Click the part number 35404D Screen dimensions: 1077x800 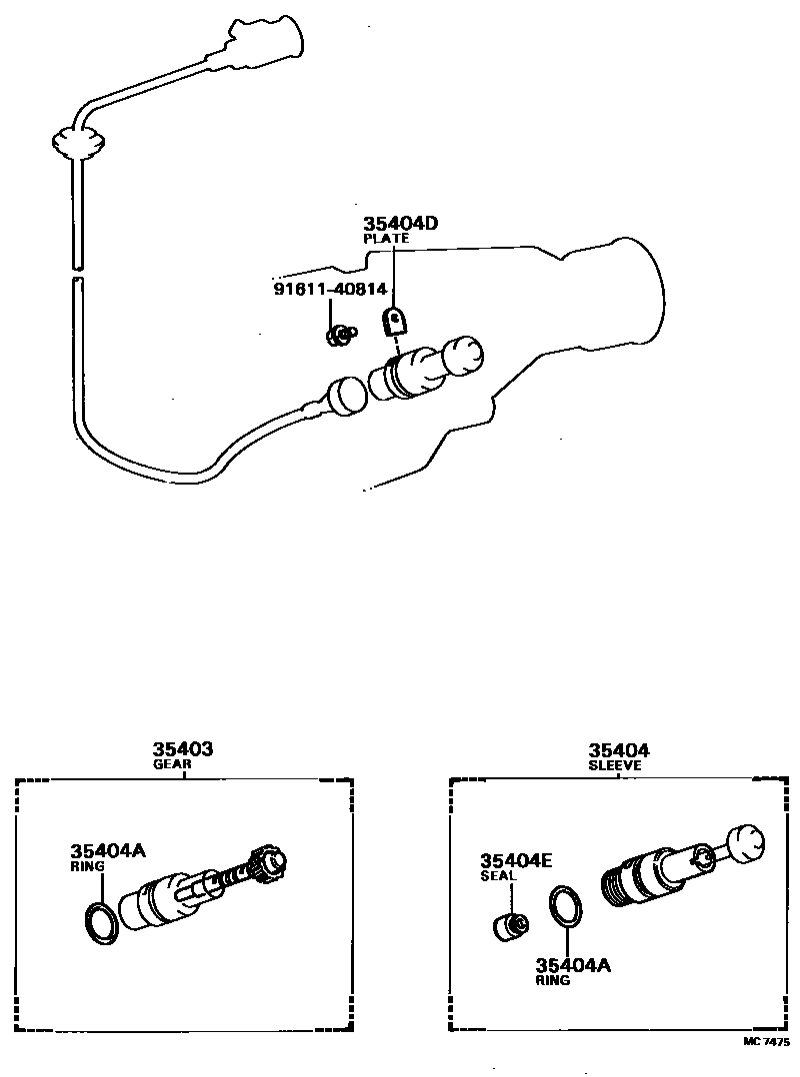click(x=400, y=224)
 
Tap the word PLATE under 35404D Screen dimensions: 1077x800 click(x=386, y=240)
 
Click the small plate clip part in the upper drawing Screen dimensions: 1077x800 click(x=396, y=321)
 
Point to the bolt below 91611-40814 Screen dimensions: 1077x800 click(x=340, y=335)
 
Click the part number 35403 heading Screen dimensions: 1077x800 click(x=183, y=749)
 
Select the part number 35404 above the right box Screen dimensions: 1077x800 click(x=618, y=750)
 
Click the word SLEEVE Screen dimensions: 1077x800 click(x=615, y=766)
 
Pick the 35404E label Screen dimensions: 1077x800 click(x=515, y=860)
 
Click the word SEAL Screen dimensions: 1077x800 click(x=498, y=876)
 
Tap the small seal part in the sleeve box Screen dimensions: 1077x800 click(x=511, y=924)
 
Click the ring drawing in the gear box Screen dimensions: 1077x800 click(x=99, y=919)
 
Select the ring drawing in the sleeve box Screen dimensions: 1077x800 click(x=565, y=907)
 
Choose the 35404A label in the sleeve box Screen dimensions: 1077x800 click(x=573, y=965)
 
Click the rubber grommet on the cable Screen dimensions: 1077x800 click(x=76, y=142)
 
